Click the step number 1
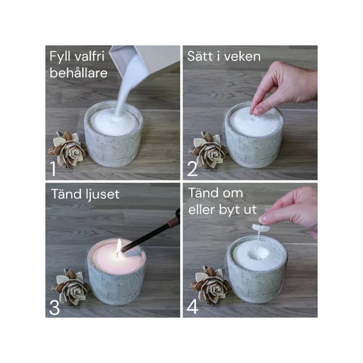point(53,168)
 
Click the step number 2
point(192,169)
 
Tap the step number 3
point(54,307)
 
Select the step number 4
point(192,307)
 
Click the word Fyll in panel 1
point(60,57)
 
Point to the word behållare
point(79,73)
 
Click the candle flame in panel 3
point(119,247)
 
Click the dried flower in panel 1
point(67,149)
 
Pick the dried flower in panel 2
point(208,150)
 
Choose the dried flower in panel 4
point(210,286)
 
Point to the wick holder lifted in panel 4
point(261,228)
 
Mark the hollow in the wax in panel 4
point(258,253)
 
